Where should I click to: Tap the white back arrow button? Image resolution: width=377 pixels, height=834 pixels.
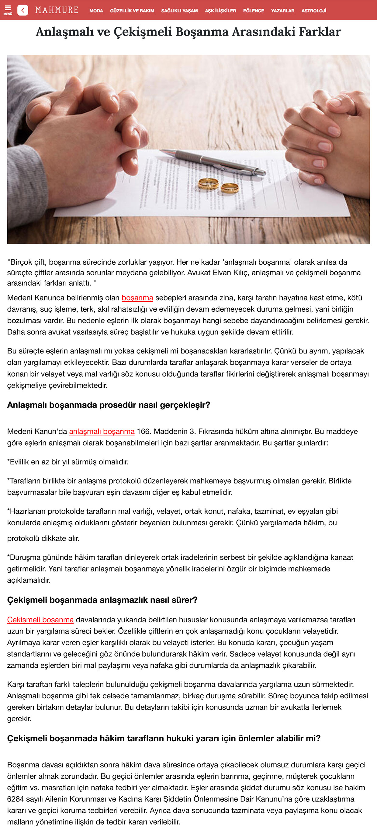23,10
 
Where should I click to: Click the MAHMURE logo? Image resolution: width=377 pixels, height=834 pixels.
57,10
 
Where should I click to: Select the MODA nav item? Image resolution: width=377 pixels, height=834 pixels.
96,11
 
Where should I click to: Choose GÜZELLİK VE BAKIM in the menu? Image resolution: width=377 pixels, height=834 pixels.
132,11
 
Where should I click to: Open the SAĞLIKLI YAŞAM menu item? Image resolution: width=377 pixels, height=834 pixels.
179,11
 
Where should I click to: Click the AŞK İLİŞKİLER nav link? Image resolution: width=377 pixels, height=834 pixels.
220,11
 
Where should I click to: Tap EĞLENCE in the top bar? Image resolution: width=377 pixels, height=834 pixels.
253,11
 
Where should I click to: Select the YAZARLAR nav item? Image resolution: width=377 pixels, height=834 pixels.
282,11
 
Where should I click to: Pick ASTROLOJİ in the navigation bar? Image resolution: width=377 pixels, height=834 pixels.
313,11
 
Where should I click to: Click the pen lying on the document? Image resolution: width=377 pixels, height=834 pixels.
213,162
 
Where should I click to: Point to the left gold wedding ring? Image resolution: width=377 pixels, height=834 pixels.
208,184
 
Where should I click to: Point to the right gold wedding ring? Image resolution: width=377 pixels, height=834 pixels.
230,187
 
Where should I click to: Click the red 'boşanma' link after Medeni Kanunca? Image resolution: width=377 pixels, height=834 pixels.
137,297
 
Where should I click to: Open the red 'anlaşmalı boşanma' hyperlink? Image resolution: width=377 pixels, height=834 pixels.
102,431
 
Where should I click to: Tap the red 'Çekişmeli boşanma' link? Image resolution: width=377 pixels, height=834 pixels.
40,619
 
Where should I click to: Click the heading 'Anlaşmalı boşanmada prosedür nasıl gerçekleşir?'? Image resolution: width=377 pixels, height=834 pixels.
109,405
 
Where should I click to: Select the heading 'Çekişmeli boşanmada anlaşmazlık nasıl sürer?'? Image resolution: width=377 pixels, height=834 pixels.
102,600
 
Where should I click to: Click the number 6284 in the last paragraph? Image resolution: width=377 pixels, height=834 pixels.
16,799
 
